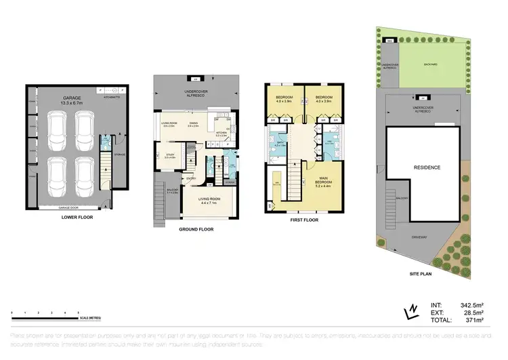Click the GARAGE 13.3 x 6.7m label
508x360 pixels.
(72, 101)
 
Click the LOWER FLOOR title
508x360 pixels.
(77, 218)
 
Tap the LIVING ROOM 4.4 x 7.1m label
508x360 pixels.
(212, 200)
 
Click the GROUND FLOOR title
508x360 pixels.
(197, 230)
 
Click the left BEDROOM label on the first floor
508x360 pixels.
(284, 99)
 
